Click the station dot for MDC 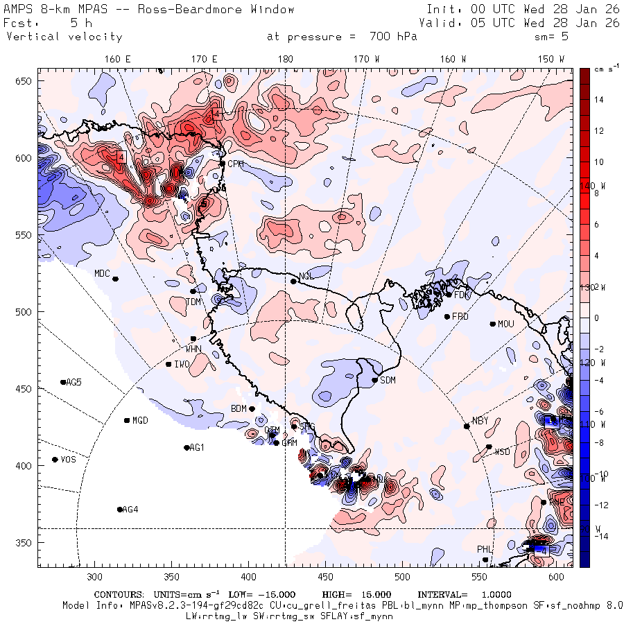tap(115, 279)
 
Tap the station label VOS tap(68, 460)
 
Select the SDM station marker tap(375, 380)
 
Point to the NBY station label tap(480, 421)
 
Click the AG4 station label tap(130, 510)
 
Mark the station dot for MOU tap(493, 324)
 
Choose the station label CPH tap(236, 164)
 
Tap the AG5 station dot tap(63, 382)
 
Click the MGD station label tap(140, 420)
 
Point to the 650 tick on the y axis tap(25, 81)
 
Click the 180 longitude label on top tap(285, 59)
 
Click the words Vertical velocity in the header tap(64, 37)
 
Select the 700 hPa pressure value tap(388, 37)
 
